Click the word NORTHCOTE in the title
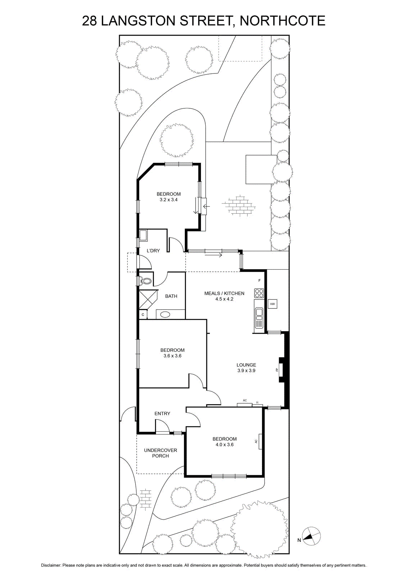pos(283,21)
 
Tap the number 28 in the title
pos(90,21)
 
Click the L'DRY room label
pos(153,251)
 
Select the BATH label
pos(171,296)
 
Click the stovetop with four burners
pos(259,293)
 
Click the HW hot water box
pos(273,304)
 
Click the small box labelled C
pos(143,315)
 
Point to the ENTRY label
pos(162,414)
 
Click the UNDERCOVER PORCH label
pos(160,453)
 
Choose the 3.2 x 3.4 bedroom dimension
pos(169,199)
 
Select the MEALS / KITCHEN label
pos(224,293)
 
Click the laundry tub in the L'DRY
pos(143,235)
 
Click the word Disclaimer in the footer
pos(51,566)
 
